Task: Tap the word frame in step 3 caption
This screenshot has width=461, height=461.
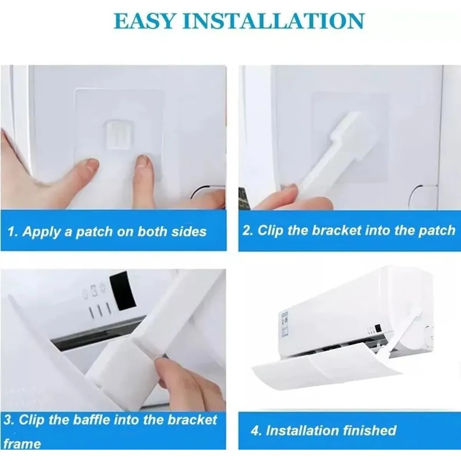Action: [x=22, y=444]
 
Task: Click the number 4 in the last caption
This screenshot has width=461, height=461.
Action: [x=255, y=430]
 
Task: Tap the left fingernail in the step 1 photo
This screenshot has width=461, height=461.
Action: [x=91, y=166]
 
